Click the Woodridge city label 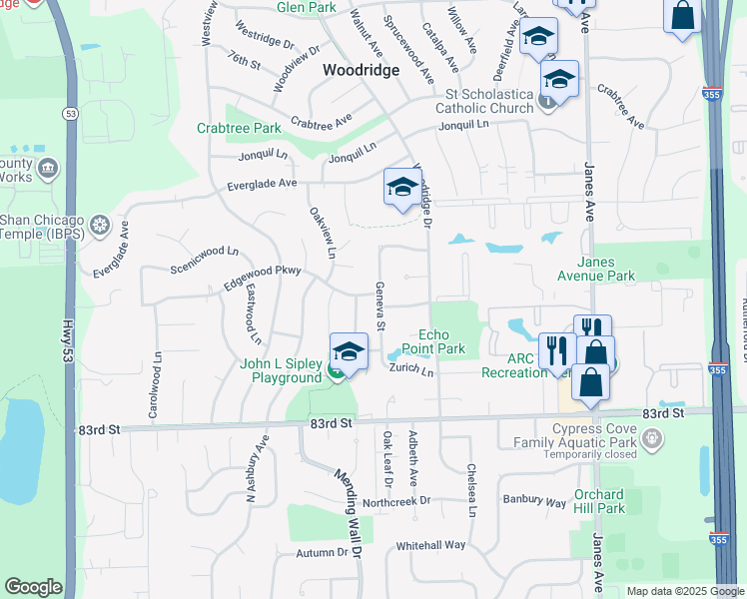pyautogui.click(x=361, y=70)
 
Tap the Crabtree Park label pyautogui.click(x=239, y=128)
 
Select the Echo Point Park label pyautogui.click(x=433, y=341)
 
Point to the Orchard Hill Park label pyautogui.click(x=599, y=501)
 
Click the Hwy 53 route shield pyautogui.click(x=70, y=115)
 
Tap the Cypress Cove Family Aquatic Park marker pyautogui.click(x=653, y=437)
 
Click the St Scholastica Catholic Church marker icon pyautogui.click(x=546, y=100)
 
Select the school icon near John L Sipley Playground pyautogui.click(x=349, y=351)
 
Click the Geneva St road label pyautogui.click(x=379, y=305)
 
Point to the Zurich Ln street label pyautogui.click(x=412, y=369)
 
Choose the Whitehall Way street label pyautogui.click(x=430, y=545)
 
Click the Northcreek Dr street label pyautogui.click(x=396, y=501)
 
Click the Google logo pyautogui.click(x=33, y=587)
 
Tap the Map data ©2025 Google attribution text pyautogui.click(x=685, y=591)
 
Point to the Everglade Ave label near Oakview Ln pyautogui.click(x=262, y=184)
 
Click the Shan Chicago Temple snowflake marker pyautogui.click(x=99, y=226)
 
